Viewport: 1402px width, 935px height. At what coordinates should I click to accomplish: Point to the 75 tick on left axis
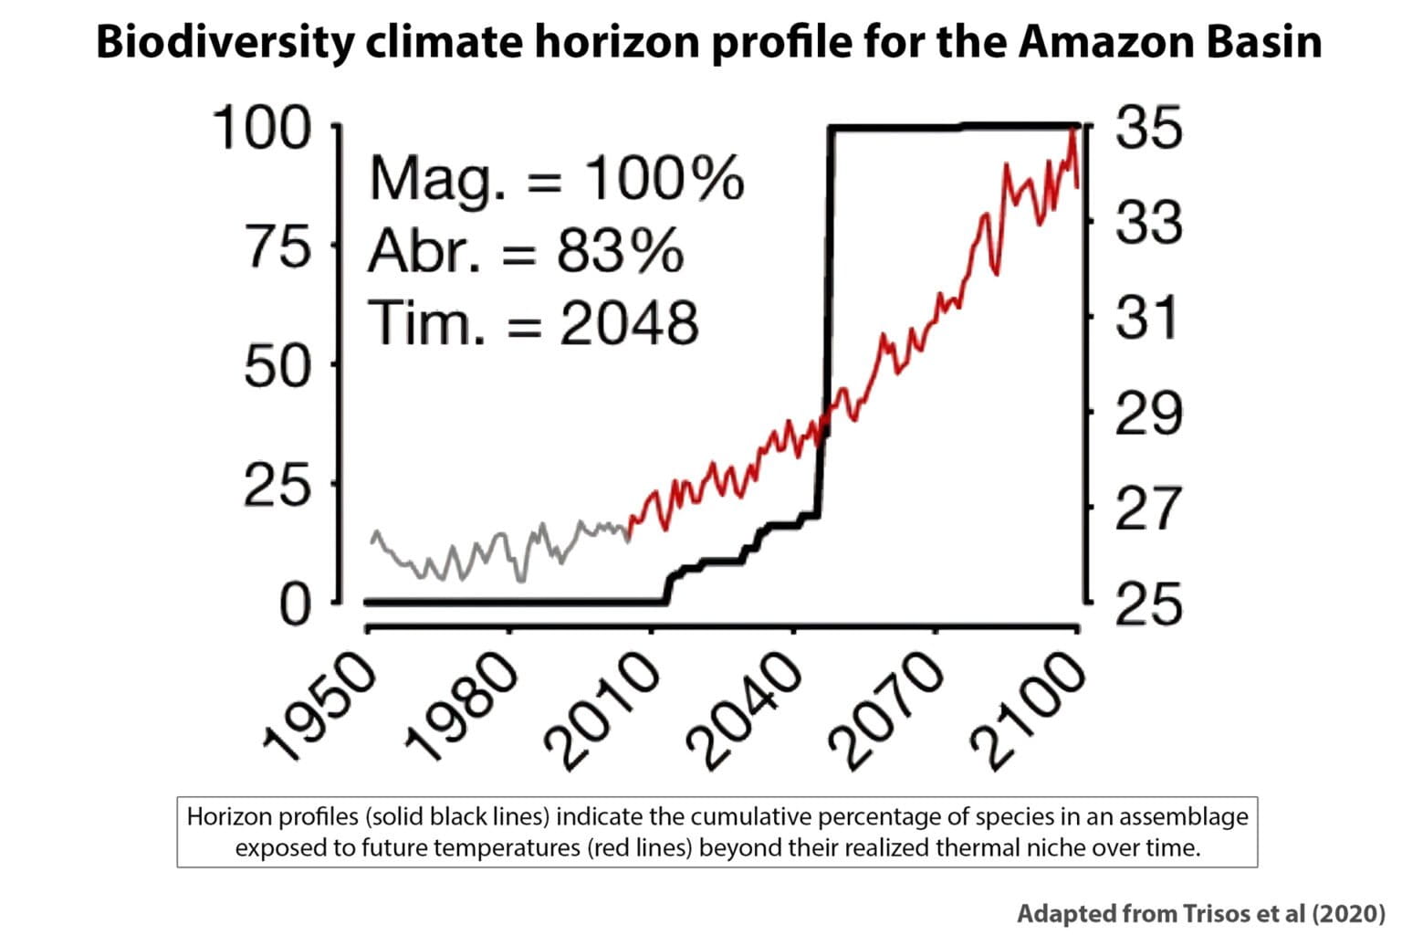(x=277, y=247)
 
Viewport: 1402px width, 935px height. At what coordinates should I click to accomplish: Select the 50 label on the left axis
(x=277, y=366)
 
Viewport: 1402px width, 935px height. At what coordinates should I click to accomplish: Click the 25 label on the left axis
(x=277, y=486)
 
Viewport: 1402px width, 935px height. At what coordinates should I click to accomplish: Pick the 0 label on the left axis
(x=294, y=604)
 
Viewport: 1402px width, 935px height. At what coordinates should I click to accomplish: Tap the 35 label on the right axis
(x=1148, y=128)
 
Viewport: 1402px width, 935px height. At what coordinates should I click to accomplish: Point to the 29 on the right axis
(x=1148, y=414)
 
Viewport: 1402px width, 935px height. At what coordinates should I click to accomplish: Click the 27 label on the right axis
(x=1148, y=509)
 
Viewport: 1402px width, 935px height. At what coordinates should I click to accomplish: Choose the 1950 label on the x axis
(x=319, y=710)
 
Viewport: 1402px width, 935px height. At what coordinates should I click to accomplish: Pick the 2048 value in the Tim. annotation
(x=628, y=323)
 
